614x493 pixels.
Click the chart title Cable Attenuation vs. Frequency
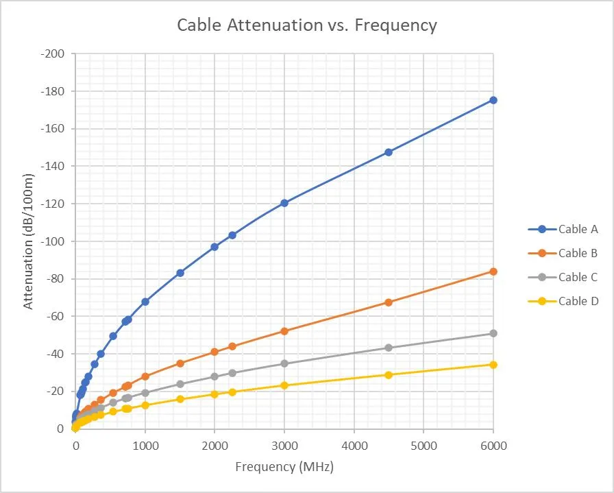point(306,25)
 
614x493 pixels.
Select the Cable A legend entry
point(578,229)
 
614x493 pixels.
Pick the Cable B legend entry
point(578,253)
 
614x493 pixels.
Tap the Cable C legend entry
point(578,277)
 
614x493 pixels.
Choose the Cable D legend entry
point(578,301)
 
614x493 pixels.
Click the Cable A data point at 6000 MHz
point(493,100)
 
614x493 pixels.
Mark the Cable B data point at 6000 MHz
point(493,272)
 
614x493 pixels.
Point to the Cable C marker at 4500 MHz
point(389,348)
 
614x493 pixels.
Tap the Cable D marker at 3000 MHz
point(284,385)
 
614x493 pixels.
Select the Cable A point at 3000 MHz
point(284,203)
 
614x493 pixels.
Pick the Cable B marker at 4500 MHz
point(389,302)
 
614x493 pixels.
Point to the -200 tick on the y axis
point(54,54)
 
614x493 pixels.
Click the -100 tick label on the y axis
point(54,241)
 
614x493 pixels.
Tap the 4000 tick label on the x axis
point(354,446)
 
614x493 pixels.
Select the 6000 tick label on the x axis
point(493,446)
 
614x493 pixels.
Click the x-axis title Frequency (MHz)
point(284,468)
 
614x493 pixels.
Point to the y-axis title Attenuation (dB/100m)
point(29,241)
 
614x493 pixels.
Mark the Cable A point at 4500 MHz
point(389,152)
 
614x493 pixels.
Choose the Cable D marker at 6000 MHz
point(493,365)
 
